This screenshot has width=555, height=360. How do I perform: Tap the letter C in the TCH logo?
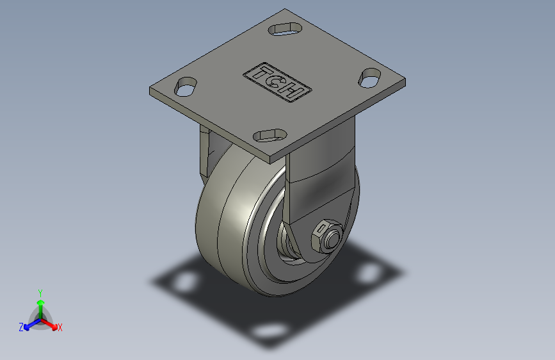277,83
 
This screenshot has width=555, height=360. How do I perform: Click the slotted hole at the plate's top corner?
285,29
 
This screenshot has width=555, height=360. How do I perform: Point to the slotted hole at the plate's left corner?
186,86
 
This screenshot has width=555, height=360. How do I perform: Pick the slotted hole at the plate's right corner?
370,78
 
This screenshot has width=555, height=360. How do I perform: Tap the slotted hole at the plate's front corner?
270,135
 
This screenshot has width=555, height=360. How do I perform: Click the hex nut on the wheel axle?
326,236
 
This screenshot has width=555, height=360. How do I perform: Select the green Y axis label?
40,293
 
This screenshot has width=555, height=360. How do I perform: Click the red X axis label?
60,327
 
